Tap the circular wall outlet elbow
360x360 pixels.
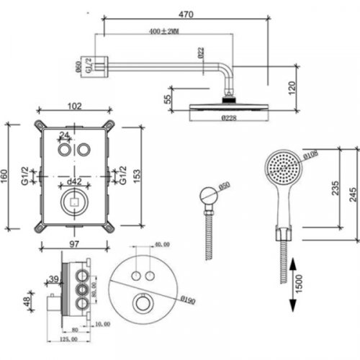(x=209, y=195)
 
